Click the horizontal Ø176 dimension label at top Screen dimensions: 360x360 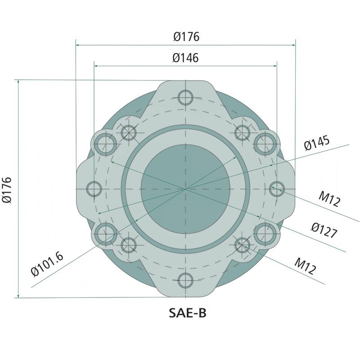[x=186, y=37]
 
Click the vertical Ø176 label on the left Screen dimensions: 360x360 [x=7, y=190]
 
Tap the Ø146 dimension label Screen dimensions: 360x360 [x=185, y=58]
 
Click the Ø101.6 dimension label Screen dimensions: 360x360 [x=47, y=265]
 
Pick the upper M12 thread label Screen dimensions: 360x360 [x=329, y=199]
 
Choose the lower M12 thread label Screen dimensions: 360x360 [x=305, y=266]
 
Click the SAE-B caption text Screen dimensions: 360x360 [x=188, y=313]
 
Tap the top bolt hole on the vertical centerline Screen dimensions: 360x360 [x=185, y=97]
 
